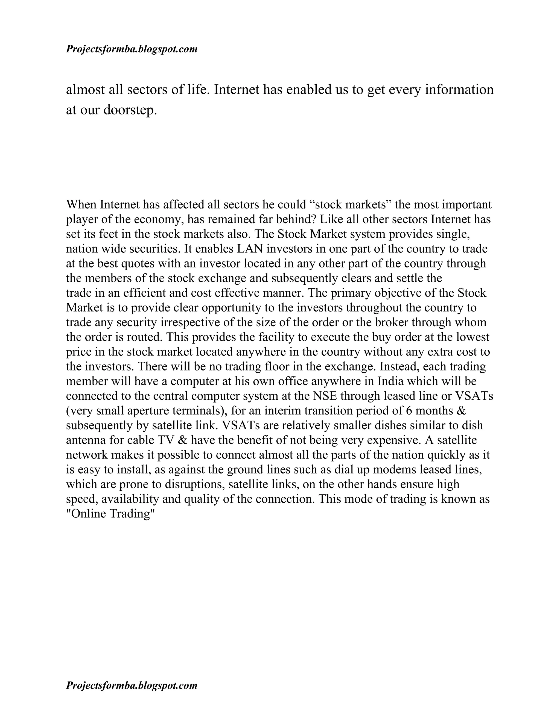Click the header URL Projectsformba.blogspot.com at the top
pos(132,49)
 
